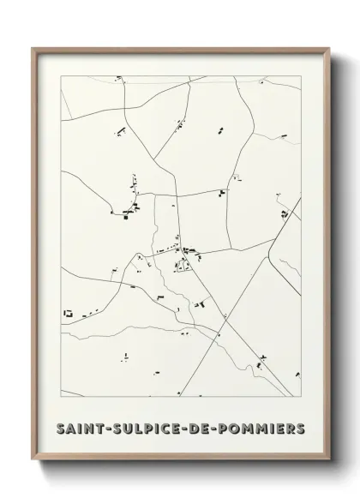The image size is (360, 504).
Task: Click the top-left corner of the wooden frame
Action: pyautogui.click(x=33, y=48)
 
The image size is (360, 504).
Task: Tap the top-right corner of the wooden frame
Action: pyautogui.click(x=328, y=48)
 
